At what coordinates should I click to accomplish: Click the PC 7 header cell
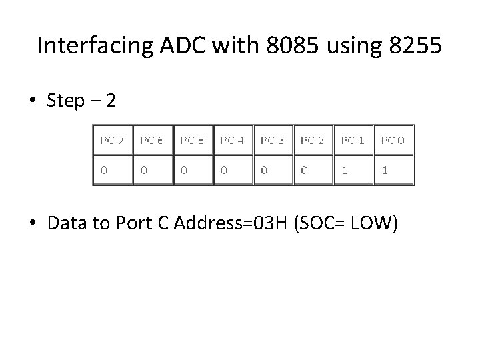pos(112,140)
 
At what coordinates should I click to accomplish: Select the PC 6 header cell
pos(152,140)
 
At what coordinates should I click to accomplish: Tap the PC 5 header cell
pos(192,140)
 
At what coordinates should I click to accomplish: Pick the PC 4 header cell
pos(232,140)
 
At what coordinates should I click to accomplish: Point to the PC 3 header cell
pos(272,140)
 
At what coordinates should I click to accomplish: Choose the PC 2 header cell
pos(312,140)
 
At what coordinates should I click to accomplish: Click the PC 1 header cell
pos(353,140)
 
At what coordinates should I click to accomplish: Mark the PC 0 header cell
pos(393,140)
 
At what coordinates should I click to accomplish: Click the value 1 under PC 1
pos(345,170)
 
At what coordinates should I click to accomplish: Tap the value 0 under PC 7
pos(103,170)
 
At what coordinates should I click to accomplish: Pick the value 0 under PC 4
pos(224,170)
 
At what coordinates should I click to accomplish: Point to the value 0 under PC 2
pos(304,170)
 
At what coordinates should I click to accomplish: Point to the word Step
pos(66,101)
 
